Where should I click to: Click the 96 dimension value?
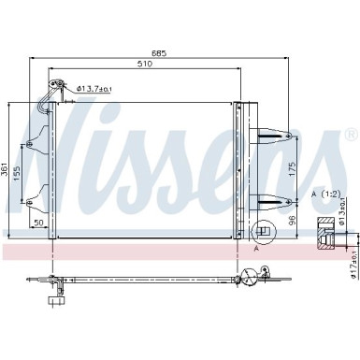(x=292, y=221)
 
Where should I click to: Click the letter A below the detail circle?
(x=254, y=250)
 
